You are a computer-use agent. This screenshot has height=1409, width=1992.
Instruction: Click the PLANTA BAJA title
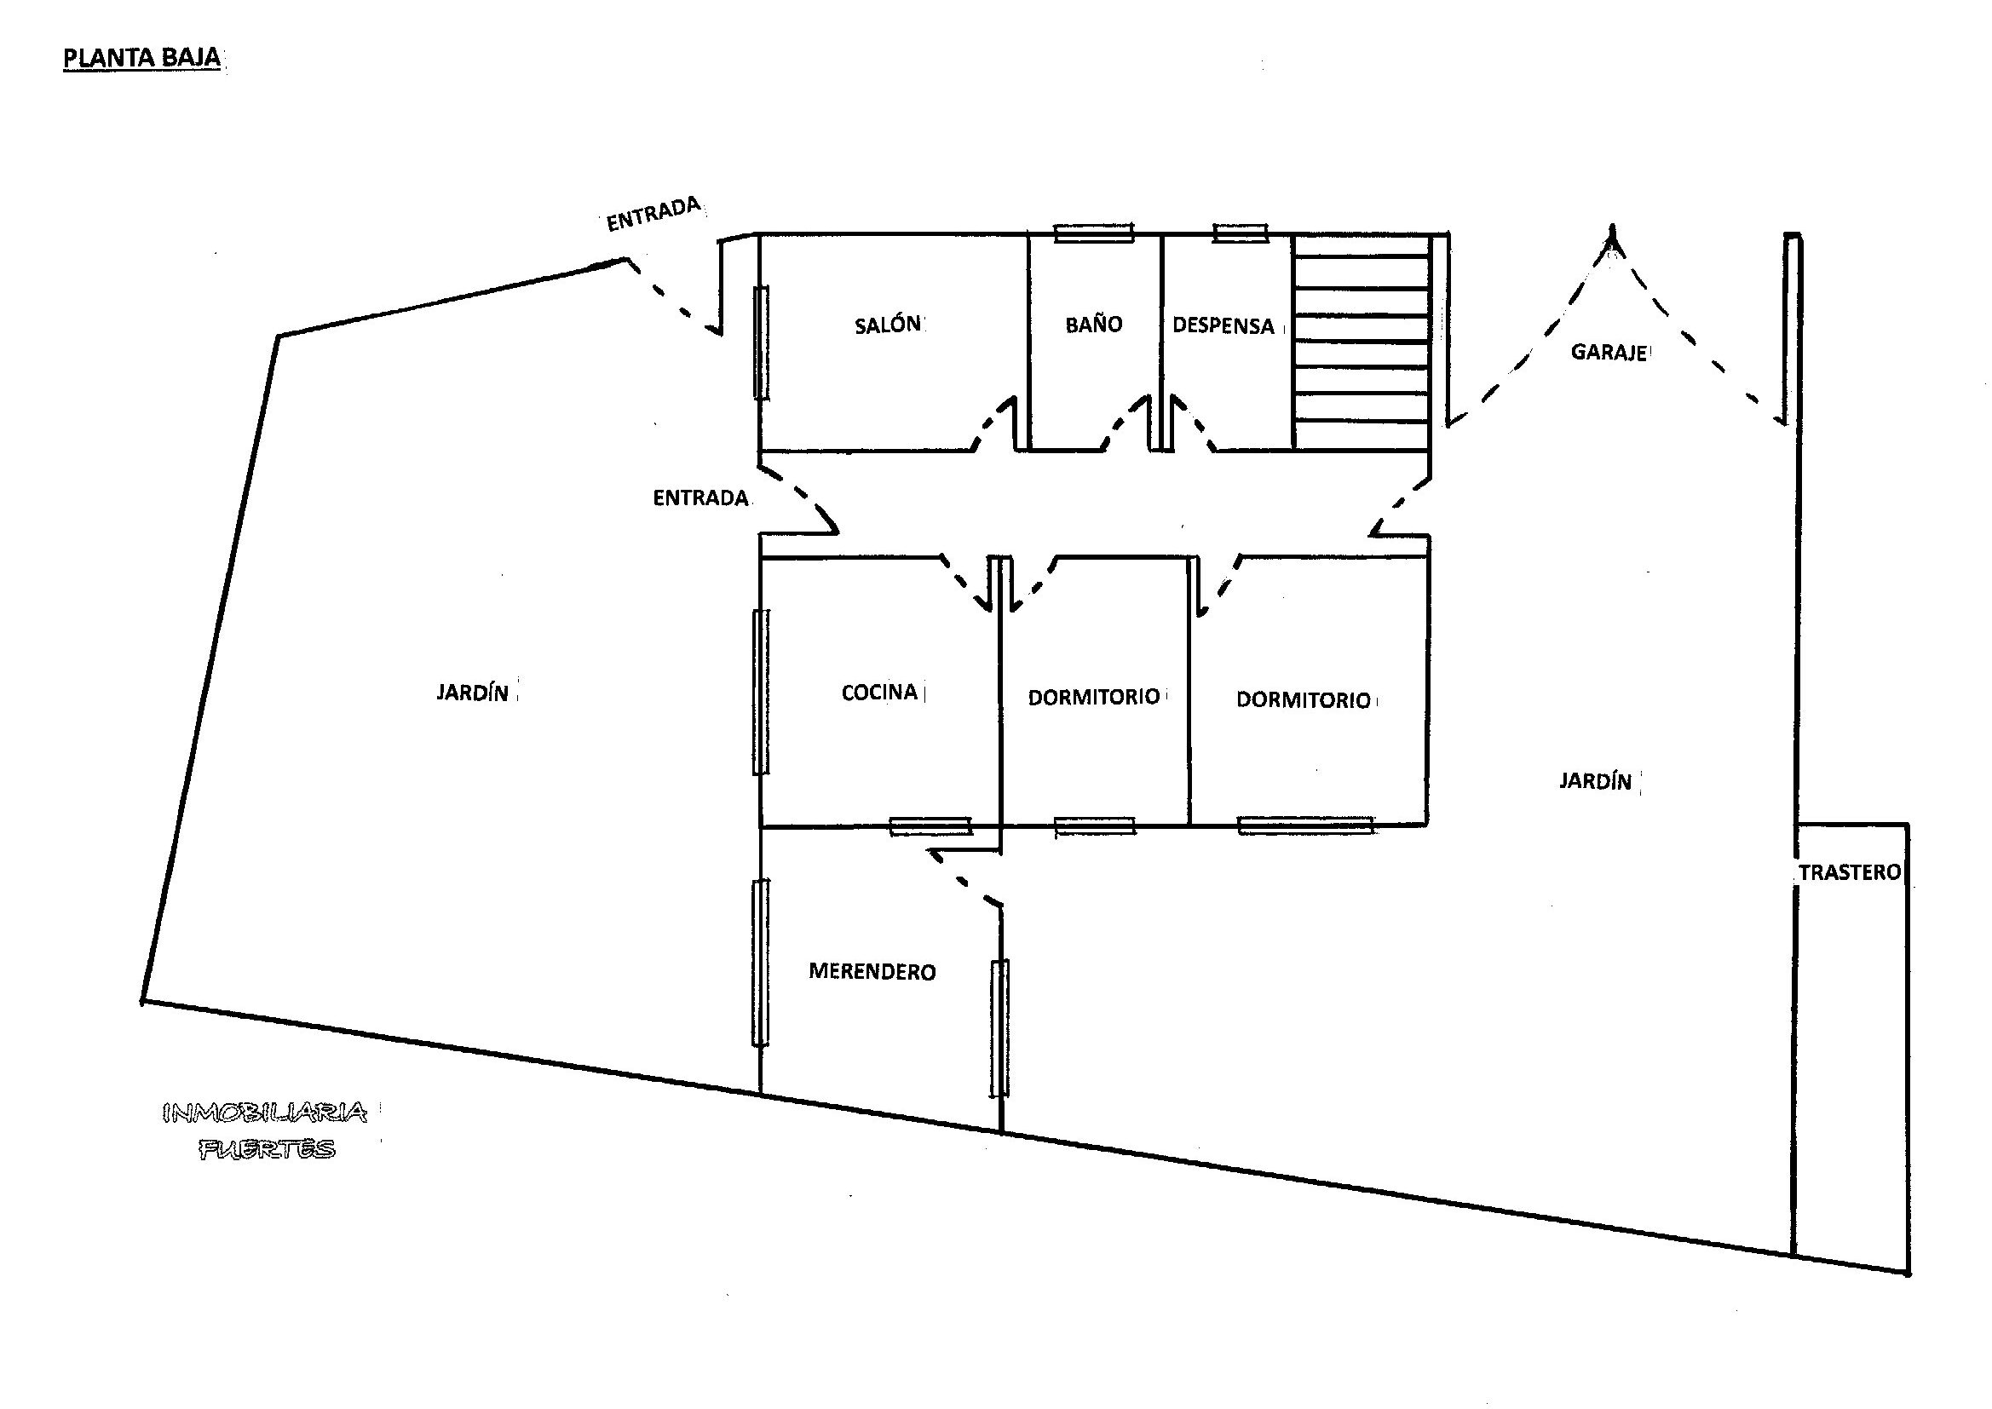[141, 59]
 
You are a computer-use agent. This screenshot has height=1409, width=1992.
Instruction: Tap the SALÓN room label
[888, 325]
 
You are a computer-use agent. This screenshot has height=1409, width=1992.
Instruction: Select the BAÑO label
[1093, 324]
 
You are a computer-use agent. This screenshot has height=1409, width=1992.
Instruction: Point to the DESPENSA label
[1223, 325]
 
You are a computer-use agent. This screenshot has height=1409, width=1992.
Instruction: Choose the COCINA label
[880, 692]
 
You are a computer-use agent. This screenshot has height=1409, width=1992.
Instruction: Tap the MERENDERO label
[872, 972]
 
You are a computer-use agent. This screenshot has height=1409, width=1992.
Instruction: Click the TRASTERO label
[1851, 872]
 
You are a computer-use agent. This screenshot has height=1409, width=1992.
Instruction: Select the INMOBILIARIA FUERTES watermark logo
[266, 1131]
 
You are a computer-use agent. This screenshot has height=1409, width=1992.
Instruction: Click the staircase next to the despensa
[1362, 342]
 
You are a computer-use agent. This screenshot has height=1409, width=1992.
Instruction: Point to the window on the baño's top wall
[1093, 233]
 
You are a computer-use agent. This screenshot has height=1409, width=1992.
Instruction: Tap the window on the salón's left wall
[761, 342]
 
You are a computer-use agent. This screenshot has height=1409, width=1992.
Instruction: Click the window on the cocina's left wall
[761, 692]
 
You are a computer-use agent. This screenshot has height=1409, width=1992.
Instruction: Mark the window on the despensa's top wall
[1241, 233]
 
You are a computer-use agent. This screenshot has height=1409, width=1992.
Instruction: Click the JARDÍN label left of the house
[472, 693]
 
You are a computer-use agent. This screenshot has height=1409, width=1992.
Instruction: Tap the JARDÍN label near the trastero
[1596, 781]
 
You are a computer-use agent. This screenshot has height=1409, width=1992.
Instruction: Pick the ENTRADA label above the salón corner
[653, 214]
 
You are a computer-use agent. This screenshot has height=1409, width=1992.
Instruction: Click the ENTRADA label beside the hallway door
[700, 498]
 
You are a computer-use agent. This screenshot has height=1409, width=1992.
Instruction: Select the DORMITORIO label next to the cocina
[1094, 697]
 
